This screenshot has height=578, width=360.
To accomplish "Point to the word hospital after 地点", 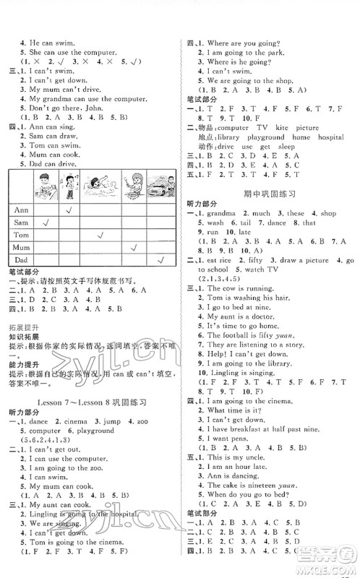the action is point(328,137).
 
